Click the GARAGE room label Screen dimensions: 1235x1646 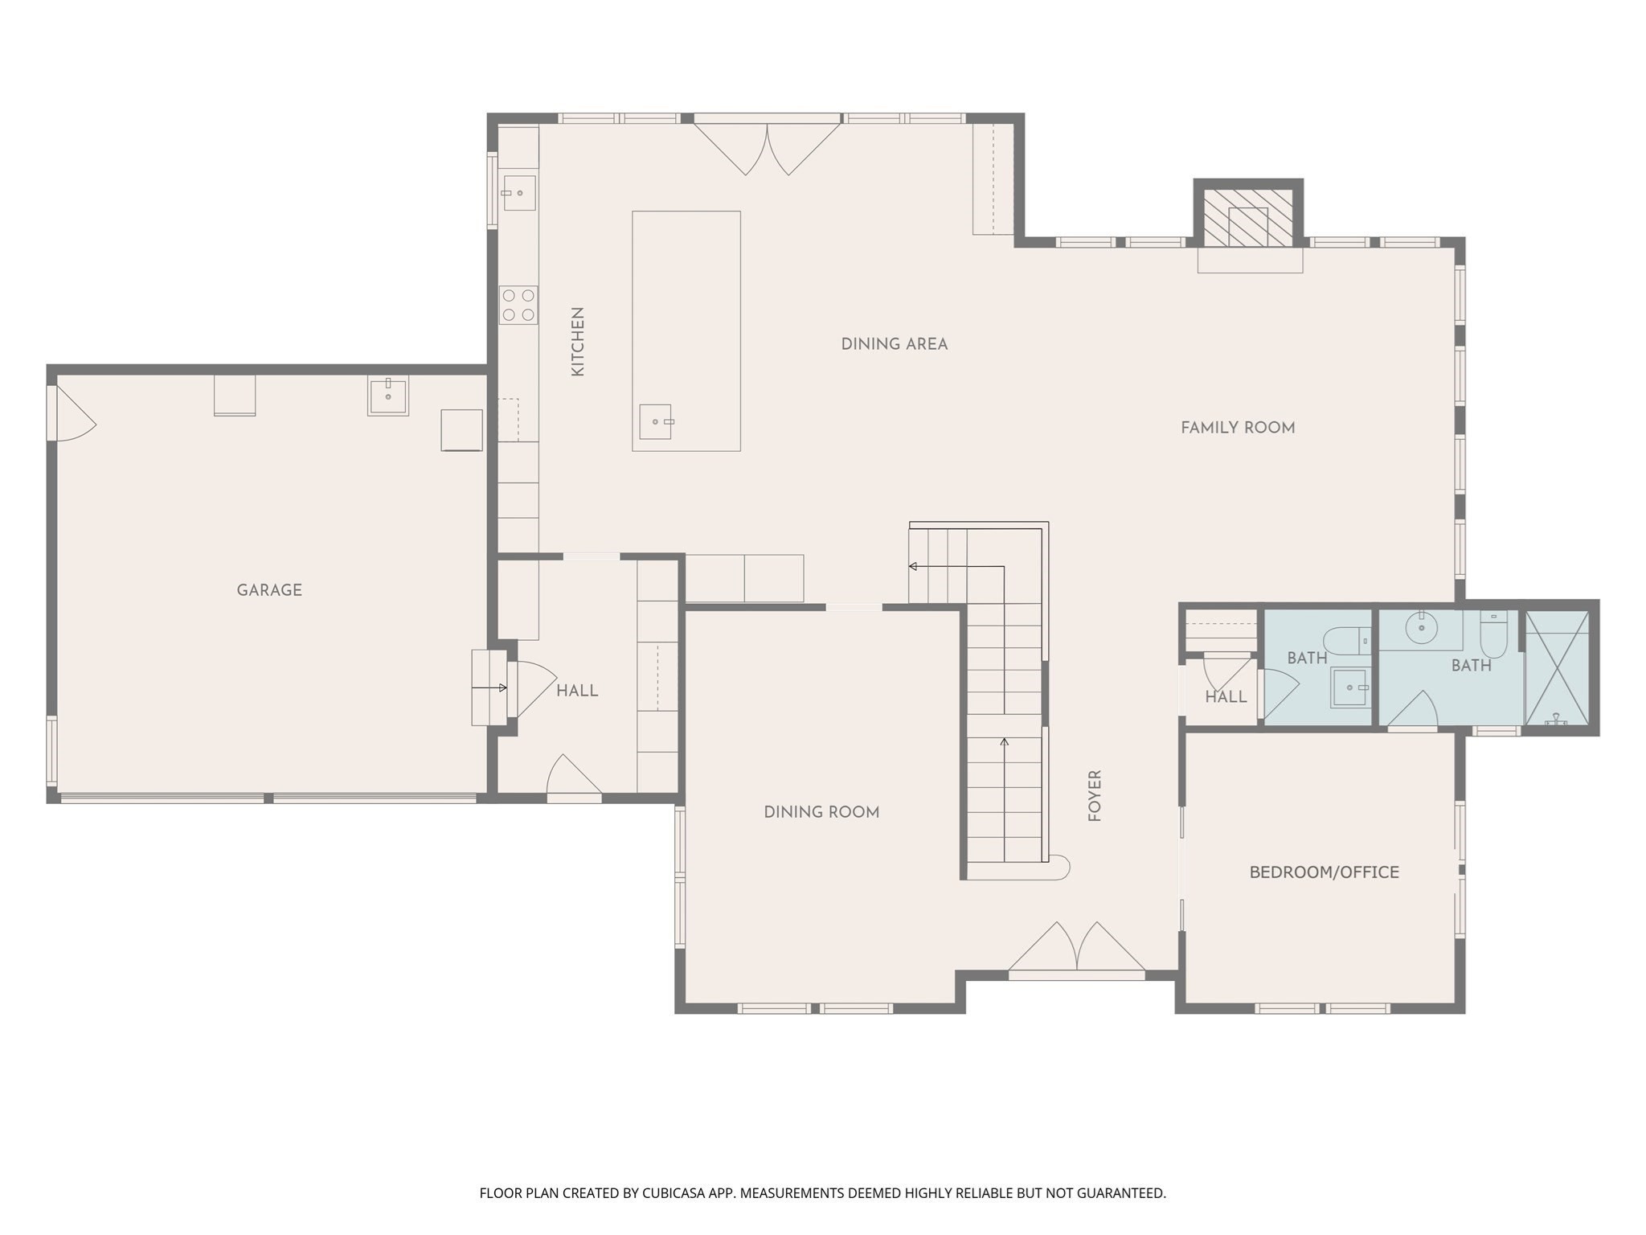coord(269,590)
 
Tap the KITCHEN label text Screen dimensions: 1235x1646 coord(577,342)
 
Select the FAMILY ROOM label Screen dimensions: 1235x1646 coord(1238,428)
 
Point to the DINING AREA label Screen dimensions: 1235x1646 coord(894,344)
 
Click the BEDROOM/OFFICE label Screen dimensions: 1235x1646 coord(1324,872)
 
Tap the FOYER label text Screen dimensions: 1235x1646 coord(1095,795)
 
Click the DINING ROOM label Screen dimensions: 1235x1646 coord(821,812)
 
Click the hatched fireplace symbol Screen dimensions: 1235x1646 coord(1247,217)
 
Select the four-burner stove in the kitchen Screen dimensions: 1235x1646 coord(518,305)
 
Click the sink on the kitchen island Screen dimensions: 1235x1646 coord(656,421)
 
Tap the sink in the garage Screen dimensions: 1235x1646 coord(388,395)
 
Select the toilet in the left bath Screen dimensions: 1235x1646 coord(1345,641)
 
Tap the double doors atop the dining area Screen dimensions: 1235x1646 coord(767,147)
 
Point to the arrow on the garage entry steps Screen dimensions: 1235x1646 coord(489,687)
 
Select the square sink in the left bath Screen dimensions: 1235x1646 coord(1349,687)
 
